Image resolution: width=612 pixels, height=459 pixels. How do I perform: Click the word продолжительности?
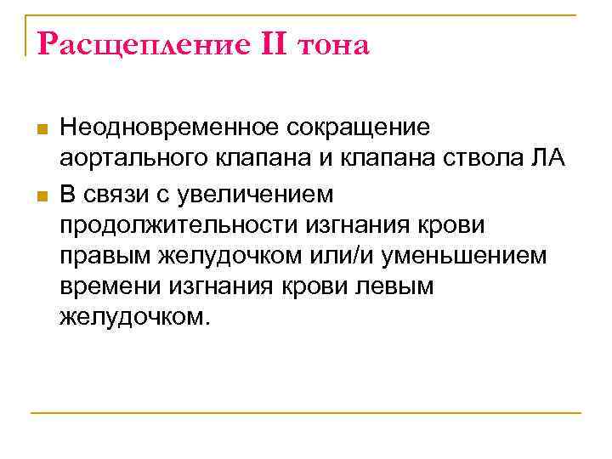[177, 225]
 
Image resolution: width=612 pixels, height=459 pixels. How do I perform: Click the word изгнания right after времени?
[217, 287]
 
